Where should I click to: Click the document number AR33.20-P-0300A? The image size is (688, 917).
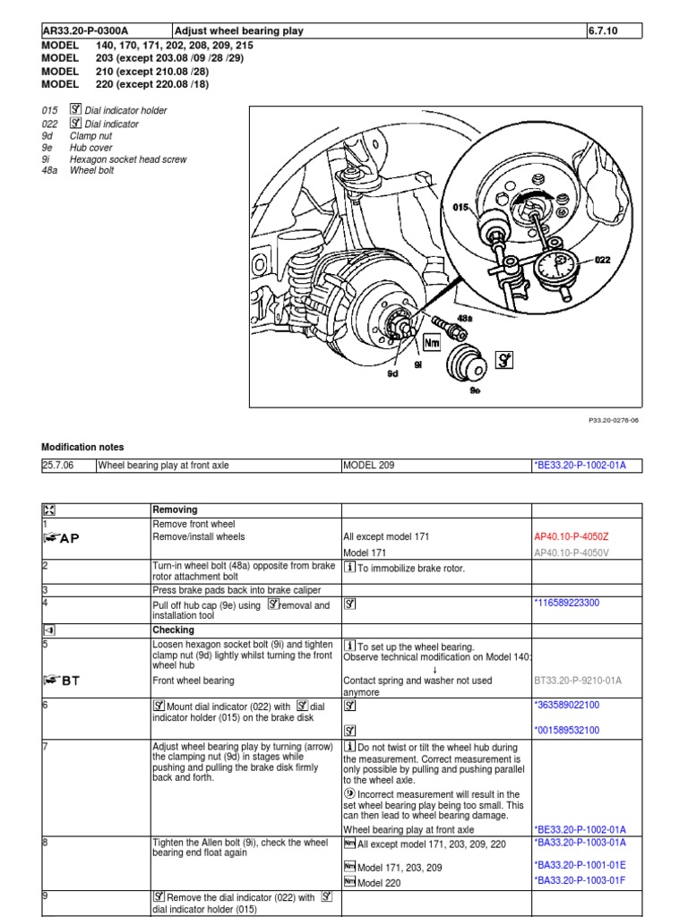pos(85,30)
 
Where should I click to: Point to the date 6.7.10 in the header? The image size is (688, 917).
pos(602,30)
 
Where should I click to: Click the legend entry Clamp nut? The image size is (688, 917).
pos(90,136)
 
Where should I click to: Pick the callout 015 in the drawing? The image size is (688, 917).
pos(461,208)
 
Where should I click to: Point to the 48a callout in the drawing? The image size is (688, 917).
pos(464,317)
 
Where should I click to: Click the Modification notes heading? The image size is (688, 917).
pos(83,447)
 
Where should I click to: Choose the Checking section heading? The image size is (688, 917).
pos(174,630)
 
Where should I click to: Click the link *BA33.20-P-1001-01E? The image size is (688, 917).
pos(580,866)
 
